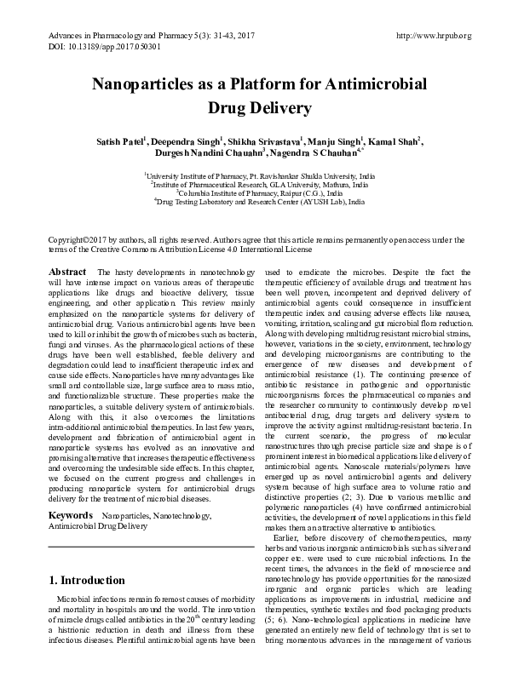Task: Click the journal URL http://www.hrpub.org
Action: click(x=435, y=36)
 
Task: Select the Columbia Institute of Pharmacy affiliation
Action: click(x=253, y=192)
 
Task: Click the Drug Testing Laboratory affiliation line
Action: click(x=253, y=201)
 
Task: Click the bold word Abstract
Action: click(x=67, y=271)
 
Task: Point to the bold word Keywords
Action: click(x=69, y=516)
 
